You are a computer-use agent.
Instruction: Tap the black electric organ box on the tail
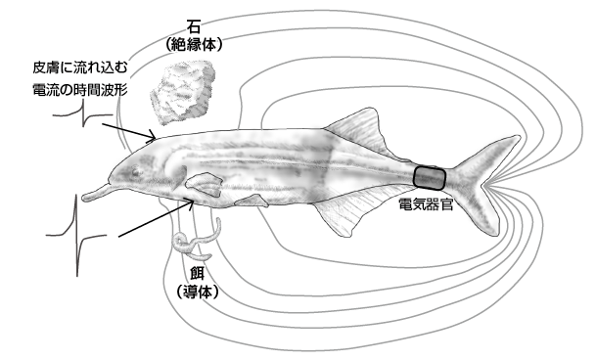pyautogui.click(x=430, y=177)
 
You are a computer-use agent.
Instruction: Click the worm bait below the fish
pyautogui.click(x=193, y=240)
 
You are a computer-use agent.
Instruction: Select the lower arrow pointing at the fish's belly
pyautogui.click(x=153, y=219)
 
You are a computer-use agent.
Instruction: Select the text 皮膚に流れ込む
pyautogui.click(x=79, y=67)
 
